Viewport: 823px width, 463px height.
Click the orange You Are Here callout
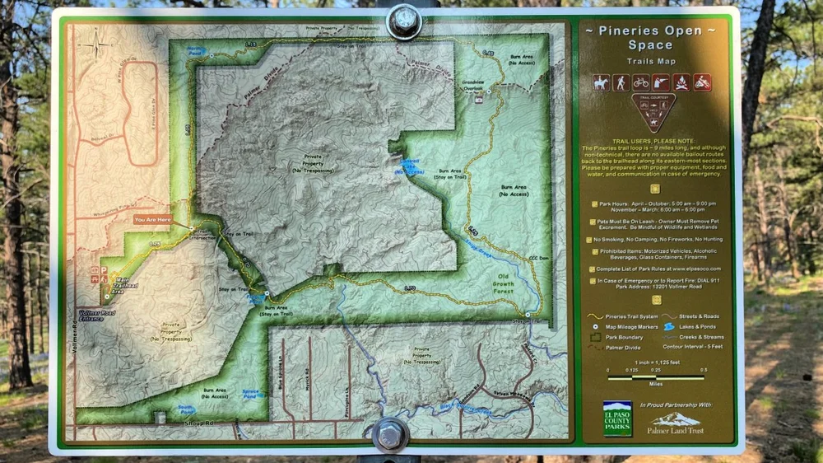pyautogui.click(x=154, y=220)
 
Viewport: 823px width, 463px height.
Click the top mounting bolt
pyautogui.click(x=404, y=21)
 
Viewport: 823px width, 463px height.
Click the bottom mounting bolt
pyautogui.click(x=389, y=434)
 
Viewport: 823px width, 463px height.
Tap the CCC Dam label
pyautogui.click(x=538, y=259)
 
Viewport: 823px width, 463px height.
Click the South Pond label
pyautogui.click(x=187, y=408)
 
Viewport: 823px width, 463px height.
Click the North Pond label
pyautogui.click(x=195, y=51)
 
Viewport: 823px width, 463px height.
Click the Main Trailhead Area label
pyautogui.click(x=126, y=285)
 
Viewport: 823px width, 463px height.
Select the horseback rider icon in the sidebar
pyautogui.click(x=602, y=82)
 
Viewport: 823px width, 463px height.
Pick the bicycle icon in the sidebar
pyautogui.click(x=641, y=82)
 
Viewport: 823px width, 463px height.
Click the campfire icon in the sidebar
pyautogui.click(x=681, y=82)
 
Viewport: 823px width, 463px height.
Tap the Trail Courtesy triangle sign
pyautogui.click(x=653, y=111)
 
